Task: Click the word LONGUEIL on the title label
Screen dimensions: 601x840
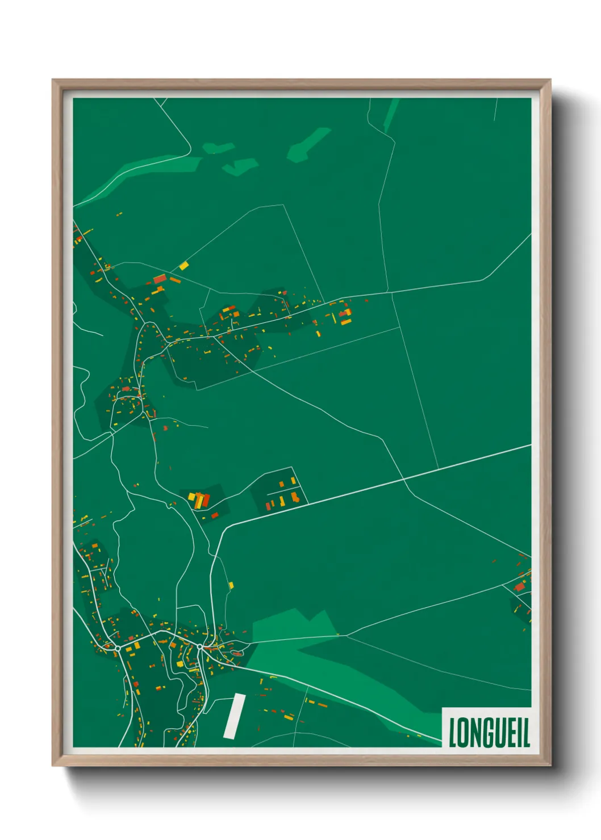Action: [489, 732]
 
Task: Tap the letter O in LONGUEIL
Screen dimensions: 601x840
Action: [464, 732]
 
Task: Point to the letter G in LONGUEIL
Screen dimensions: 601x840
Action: [486, 732]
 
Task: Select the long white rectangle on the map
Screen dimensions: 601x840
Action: [234, 716]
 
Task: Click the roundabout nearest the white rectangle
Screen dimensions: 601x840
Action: [200, 646]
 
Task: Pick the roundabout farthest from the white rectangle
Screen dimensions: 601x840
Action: [118, 648]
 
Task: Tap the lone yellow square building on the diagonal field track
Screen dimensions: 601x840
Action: [183, 265]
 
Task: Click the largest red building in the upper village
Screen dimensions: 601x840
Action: [160, 279]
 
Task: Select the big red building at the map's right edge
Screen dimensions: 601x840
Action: [519, 587]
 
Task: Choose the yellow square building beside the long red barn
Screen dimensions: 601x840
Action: [192, 497]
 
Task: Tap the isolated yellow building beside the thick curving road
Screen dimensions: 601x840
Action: [231, 585]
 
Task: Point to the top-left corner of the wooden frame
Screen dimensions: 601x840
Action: [53, 81]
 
